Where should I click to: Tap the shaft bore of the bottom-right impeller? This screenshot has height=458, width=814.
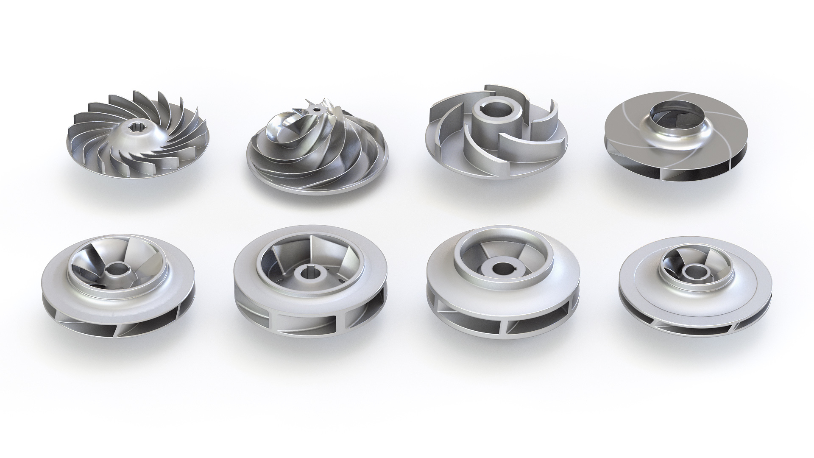(694, 271)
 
